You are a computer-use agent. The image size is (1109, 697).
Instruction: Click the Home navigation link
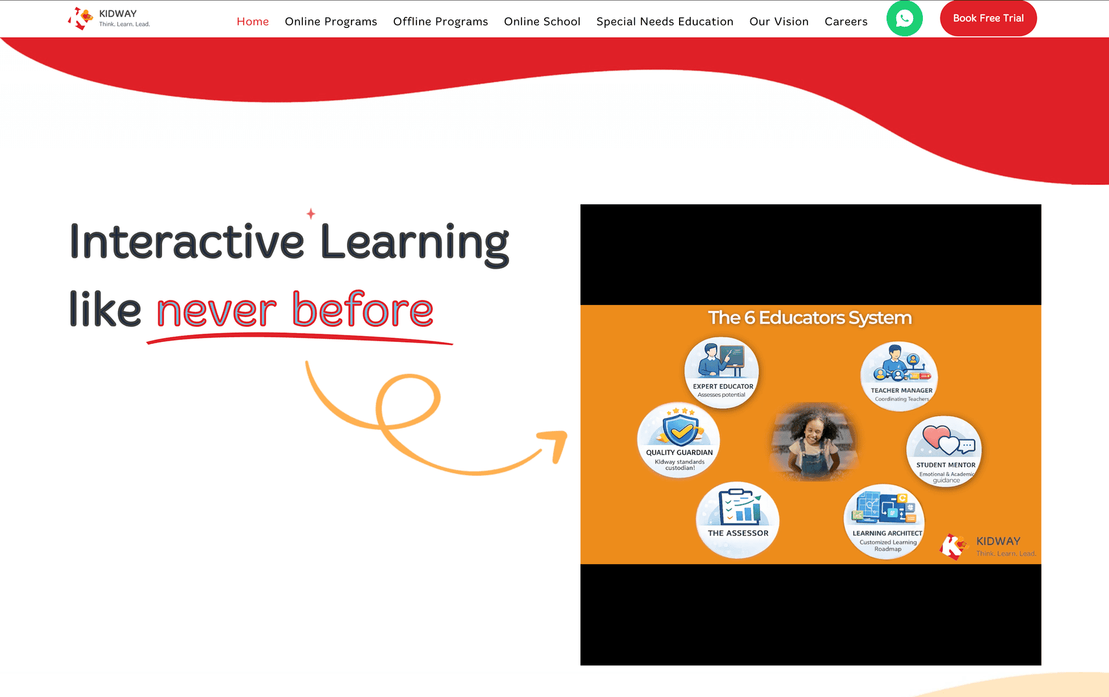pos(252,21)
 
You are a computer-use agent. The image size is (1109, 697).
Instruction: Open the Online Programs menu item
pos(331,21)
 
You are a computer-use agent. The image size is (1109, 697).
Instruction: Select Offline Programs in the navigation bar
pos(440,21)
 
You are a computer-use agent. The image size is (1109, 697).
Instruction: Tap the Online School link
pos(542,21)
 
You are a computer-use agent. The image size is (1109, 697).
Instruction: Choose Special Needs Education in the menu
pos(664,21)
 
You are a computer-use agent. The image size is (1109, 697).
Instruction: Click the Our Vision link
pos(779,21)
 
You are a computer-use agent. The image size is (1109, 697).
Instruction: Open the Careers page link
pos(846,21)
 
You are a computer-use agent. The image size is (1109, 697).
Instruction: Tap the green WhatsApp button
pos(904,18)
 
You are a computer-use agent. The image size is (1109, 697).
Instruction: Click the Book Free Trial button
pos(988,18)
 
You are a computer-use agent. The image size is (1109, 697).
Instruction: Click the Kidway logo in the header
pos(109,18)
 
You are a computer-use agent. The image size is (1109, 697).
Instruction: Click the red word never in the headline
pos(217,310)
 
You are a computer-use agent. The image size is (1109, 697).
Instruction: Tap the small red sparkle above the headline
pos(311,214)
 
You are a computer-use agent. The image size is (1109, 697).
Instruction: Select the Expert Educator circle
pos(722,372)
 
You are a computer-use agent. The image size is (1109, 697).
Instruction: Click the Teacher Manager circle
pos(899,376)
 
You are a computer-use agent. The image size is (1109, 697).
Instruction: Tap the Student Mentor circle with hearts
pos(944,451)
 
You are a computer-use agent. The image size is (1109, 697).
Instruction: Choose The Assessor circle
pos(737,520)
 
